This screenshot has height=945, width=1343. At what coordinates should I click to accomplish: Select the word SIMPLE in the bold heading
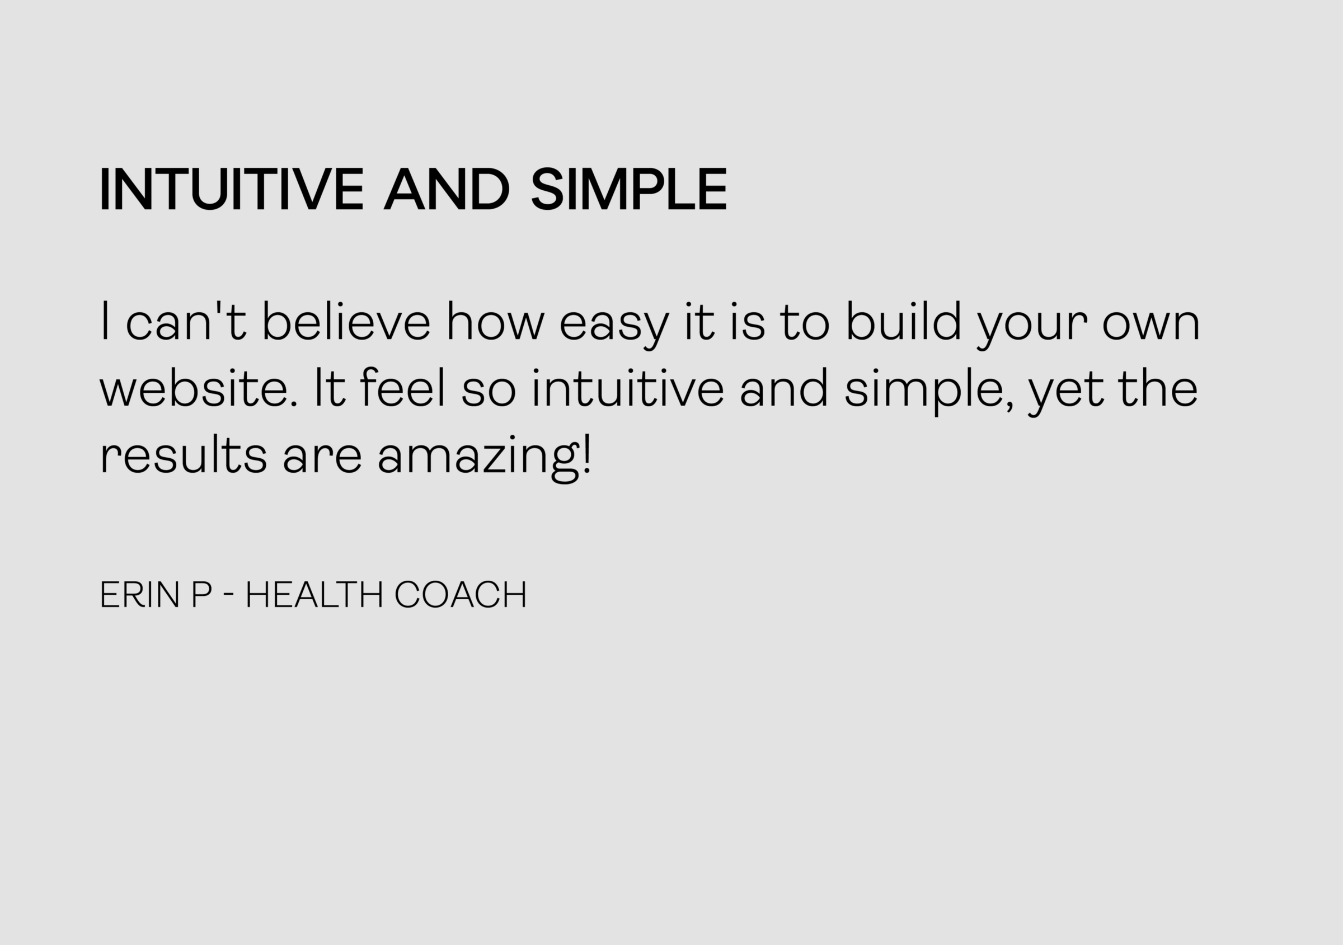pos(629,189)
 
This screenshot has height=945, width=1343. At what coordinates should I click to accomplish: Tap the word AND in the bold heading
pos(447,189)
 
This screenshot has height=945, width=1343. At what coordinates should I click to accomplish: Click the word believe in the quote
pos(346,321)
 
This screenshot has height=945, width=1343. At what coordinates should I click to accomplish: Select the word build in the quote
pos(904,321)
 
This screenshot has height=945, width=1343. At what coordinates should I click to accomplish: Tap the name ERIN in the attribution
pos(140,595)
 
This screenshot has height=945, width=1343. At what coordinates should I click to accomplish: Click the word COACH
pos(461,595)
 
